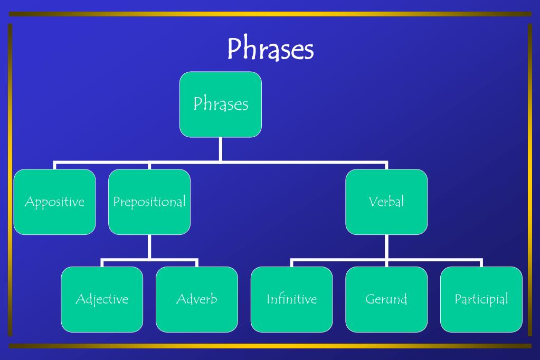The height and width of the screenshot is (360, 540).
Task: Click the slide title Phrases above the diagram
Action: pos(270,49)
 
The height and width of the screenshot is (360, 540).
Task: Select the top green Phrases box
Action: pos(221,105)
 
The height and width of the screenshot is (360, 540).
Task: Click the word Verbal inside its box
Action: pos(386,201)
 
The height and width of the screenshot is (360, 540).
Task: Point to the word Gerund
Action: pos(386,299)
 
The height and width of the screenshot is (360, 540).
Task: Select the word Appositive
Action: pos(54,202)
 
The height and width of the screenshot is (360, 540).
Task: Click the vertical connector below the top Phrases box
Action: pos(221,149)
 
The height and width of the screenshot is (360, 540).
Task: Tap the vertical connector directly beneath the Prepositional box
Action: pos(149,247)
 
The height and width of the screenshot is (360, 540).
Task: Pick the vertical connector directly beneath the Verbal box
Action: pos(386,247)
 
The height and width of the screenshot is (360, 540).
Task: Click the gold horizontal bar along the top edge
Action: pos(270,14)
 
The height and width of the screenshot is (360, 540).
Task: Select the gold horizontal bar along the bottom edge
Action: pos(270,346)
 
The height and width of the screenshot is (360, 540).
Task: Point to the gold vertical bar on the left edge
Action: pos(10,179)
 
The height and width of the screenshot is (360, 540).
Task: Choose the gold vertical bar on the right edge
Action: pos(530,179)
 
